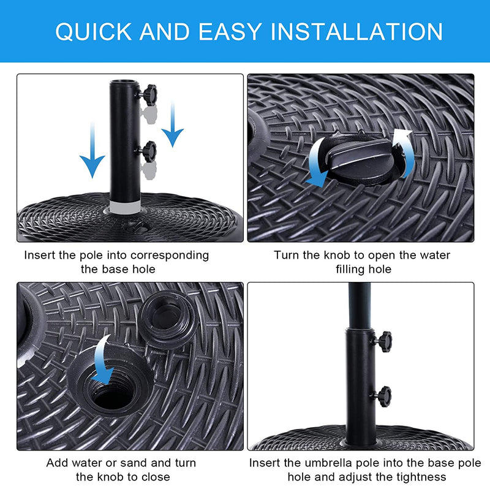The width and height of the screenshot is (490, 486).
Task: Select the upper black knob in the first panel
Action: click(x=148, y=94)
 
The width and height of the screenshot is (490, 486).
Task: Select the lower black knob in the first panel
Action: click(x=148, y=149)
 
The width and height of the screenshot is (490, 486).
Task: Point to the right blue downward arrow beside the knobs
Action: click(x=173, y=126)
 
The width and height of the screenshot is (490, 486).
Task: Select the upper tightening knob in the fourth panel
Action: click(x=383, y=339)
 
